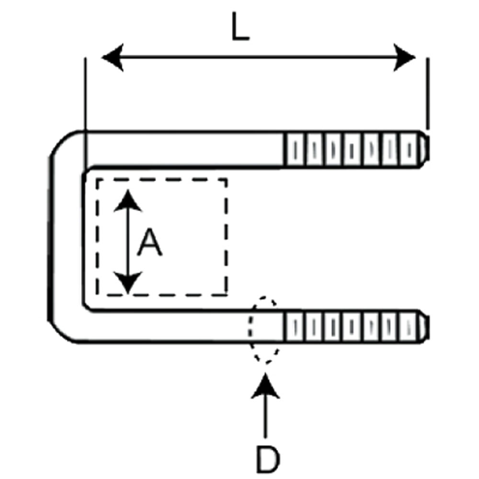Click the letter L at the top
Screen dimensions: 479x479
tap(240, 26)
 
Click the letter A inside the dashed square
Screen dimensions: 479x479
tap(149, 242)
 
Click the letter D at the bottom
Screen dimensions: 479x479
tap(268, 459)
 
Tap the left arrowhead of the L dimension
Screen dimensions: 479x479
tap(113, 57)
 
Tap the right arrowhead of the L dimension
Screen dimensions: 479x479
tap(404, 57)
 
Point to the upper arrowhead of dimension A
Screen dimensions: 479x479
tap(128, 200)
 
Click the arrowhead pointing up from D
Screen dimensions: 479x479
tap(265, 386)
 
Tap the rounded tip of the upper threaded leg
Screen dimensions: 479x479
tap(424, 149)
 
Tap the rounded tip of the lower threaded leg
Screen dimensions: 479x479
tap(424, 327)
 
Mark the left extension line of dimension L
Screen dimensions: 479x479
tap(86, 113)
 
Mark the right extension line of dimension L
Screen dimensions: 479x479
tap(428, 93)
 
